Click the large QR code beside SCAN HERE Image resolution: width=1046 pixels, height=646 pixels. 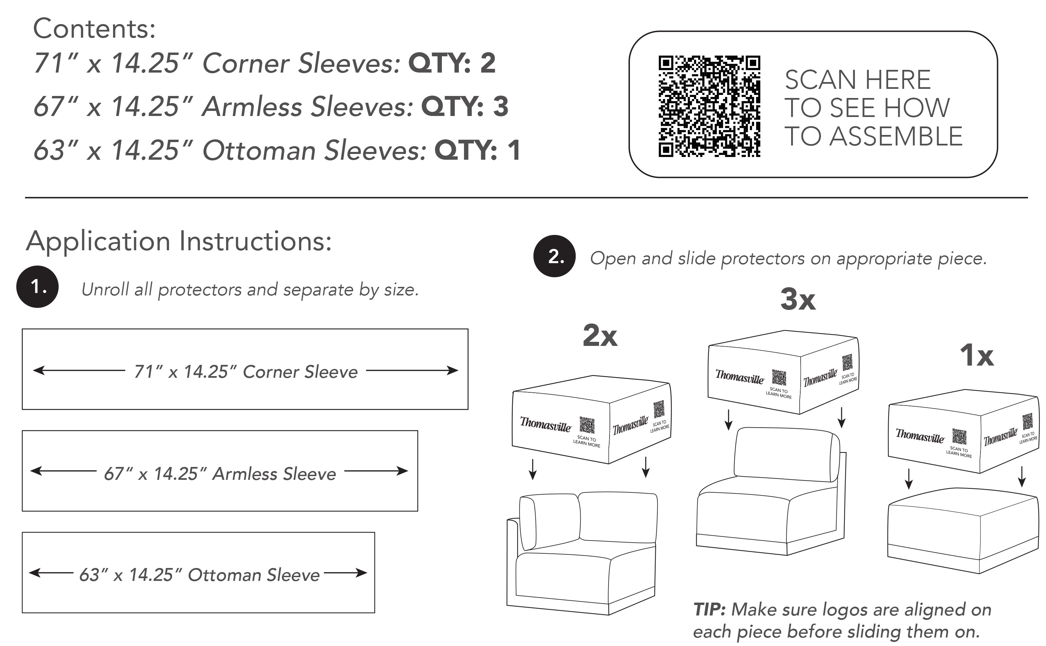pos(709,106)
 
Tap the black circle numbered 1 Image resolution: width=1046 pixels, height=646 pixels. pos(38,287)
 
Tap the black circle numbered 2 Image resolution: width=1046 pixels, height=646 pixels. pos(555,256)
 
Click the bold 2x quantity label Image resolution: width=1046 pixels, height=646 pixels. pos(600,336)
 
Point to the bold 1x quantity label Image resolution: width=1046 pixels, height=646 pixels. pos(977,355)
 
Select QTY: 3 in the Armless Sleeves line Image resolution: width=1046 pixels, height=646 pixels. pos(465,106)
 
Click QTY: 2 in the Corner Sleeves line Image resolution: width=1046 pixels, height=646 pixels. pos(452,63)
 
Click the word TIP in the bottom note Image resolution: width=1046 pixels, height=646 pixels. pos(709,609)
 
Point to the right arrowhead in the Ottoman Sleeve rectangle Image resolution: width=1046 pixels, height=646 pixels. pos(362,572)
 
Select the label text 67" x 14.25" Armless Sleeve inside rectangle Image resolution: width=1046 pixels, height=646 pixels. pos(220,474)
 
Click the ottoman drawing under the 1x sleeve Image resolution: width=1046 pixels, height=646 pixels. pos(963,530)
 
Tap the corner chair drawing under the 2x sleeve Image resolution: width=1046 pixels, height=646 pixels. pos(582,554)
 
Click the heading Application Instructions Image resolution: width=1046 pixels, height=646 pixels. pos(179,241)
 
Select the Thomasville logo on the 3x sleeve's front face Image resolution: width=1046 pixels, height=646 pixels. pos(740,376)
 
